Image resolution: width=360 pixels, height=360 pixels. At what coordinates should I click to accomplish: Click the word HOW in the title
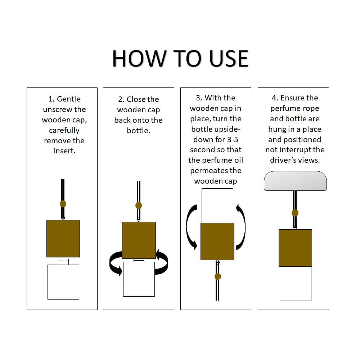pyautogui.click(x=139, y=59)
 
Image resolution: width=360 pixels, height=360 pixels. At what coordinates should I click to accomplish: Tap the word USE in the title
pyautogui.click(x=229, y=59)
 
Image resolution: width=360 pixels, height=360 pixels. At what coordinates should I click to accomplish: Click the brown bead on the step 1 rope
pyautogui.click(x=63, y=204)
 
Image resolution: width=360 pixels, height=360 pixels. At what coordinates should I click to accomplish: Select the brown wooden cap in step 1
pyautogui.click(x=63, y=239)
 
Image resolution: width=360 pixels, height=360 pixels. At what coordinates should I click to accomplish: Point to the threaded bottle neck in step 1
pyautogui.click(x=63, y=262)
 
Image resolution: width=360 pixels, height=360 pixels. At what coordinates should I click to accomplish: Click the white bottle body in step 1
pyautogui.click(x=63, y=282)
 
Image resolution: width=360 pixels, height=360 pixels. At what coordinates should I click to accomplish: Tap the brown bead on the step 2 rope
pyautogui.click(x=139, y=205)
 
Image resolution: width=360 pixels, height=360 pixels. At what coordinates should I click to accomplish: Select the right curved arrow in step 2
pyautogui.click(x=162, y=262)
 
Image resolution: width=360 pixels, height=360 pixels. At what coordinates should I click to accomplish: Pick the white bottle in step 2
pyautogui.click(x=139, y=279)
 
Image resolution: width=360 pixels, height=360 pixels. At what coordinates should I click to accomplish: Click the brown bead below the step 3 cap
pyautogui.click(x=218, y=276)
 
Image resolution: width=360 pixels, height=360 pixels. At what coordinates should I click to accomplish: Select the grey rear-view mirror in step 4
pyautogui.click(x=295, y=181)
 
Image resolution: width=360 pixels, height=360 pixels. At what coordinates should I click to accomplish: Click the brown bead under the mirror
pyautogui.click(x=295, y=213)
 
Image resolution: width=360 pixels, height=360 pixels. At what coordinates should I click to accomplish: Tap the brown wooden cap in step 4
pyautogui.click(x=295, y=248)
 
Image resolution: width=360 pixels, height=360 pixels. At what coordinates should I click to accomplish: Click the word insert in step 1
pyautogui.click(x=64, y=151)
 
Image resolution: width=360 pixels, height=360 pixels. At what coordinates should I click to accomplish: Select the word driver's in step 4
pyautogui.click(x=283, y=160)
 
